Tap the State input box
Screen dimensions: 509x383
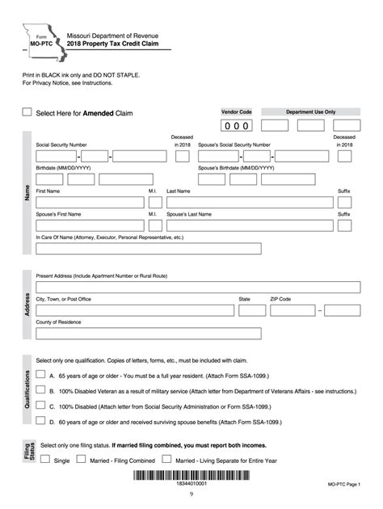251,309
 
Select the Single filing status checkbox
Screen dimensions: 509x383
44,459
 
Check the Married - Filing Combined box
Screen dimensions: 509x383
81,459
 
